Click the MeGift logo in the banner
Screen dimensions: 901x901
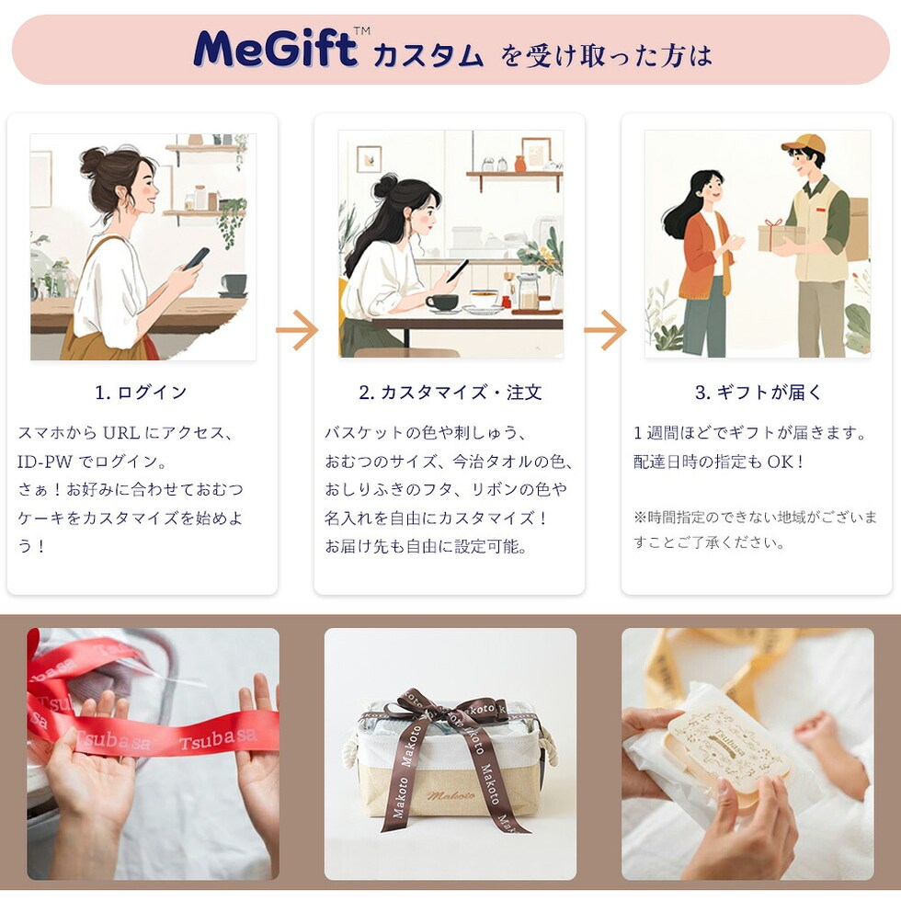click(276, 48)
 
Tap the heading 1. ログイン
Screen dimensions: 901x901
click(142, 393)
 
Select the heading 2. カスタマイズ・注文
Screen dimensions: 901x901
click(450, 393)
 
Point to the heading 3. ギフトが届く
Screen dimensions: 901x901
click(758, 393)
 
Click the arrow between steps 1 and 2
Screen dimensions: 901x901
click(296, 330)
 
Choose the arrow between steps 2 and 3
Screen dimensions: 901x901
click(605, 330)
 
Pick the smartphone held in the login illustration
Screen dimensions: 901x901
click(196, 258)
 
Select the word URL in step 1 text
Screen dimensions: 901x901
click(120, 432)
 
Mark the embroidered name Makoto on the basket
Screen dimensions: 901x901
click(450, 795)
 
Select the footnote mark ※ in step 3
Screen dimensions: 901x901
click(640, 517)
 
